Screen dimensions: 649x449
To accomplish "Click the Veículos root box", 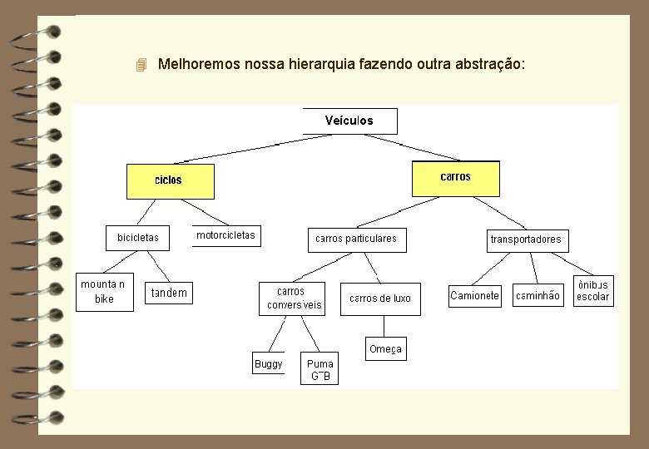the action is tap(349, 121).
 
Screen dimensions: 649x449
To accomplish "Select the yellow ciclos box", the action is tap(169, 180).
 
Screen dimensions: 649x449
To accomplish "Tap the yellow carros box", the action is tap(456, 178).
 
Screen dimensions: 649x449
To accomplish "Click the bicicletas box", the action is tap(138, 238).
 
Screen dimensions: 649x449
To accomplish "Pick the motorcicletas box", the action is tap(226, 236).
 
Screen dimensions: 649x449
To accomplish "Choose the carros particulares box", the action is tap(356, 239).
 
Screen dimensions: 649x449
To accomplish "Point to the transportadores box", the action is tap(526, 239).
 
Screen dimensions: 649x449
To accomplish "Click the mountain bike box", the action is tap(104, 292).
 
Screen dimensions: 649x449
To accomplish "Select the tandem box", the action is tap(169, 293).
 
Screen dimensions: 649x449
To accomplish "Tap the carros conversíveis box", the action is tap(292, 299).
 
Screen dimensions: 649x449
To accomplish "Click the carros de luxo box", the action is tap(380, 299).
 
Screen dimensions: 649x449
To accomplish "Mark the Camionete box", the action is tap(474, 295).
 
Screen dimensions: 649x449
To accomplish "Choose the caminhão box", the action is tap(538, 295).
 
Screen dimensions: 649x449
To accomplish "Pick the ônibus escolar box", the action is tap(593, 290).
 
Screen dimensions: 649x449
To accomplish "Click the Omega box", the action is tap(385, 349).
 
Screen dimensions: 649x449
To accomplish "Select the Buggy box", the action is tap(269, 364).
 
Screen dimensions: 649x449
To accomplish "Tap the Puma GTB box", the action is tap(320, 370).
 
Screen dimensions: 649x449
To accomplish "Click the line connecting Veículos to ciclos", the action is tap(241, 149).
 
